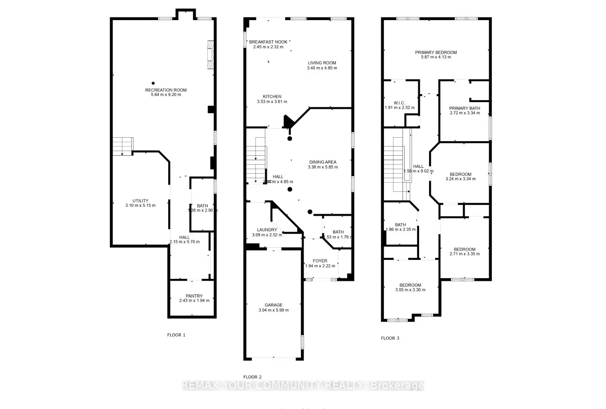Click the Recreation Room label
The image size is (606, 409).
point(166,90)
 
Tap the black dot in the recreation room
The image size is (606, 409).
point(153,83)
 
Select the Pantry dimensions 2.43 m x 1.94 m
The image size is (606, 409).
point(194,301)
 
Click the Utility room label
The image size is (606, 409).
point(140,201)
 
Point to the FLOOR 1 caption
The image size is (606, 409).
point(176,335)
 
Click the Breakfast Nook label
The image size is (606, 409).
point(268,42)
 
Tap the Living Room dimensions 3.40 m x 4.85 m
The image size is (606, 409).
point(322,68)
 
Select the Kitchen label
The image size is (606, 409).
point(272,96)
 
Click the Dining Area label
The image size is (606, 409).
point(322,162)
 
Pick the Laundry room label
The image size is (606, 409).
point(267,230)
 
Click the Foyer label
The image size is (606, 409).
point(320,261)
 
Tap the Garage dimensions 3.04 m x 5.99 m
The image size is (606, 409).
point(274,310)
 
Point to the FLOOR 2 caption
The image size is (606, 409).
point(252,377)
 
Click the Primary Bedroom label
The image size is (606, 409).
point(436,52)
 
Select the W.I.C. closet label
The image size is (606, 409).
point(400,103)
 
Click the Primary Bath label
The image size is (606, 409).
point(464,108)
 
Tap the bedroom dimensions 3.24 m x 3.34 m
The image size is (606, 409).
point(460,179)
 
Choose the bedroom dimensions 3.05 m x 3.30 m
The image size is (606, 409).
point(410,290)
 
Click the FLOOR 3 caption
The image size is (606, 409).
point(390,338)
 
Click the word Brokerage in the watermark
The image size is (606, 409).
point(397,386)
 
